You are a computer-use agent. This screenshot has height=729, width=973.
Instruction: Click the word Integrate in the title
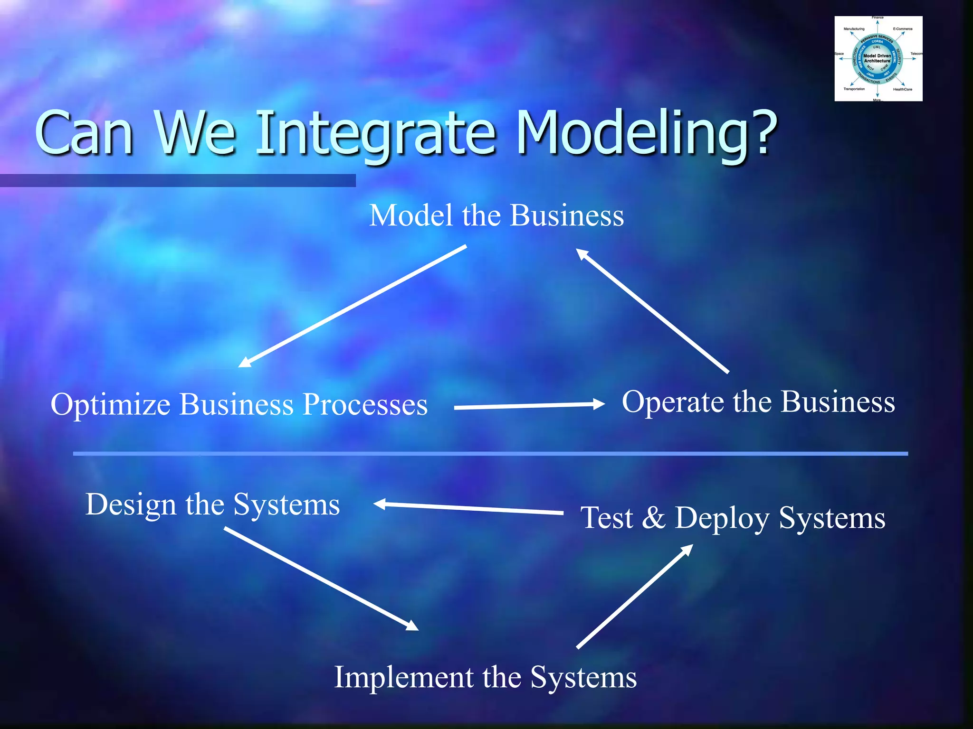click(x=375, y=134)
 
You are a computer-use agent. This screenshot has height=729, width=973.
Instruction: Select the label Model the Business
click(x=496, y=215)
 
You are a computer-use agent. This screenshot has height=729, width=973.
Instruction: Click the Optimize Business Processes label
click(x=239, y=404)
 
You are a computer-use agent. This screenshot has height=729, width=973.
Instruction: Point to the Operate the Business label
click(x=758, y=402)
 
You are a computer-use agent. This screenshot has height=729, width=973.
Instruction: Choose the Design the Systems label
click(x=212, y=504)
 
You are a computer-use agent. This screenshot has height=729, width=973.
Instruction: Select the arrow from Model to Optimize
click(x=352, y=307)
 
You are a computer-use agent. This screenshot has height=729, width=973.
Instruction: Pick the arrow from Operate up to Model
click(x=652, y=311)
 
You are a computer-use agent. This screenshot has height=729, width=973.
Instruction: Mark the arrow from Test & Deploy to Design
click(x=468, y=508)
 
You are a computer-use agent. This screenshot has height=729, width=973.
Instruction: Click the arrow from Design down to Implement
click(x=321, y=579)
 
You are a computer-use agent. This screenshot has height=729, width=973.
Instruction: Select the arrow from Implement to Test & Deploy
click(x=635, y=596)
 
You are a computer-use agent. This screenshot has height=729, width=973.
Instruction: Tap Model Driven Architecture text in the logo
click(x=877, y=58)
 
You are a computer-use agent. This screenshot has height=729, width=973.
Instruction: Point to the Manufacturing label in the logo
click(x=854, y=29)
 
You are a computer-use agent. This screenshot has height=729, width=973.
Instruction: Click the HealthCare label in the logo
click(x=902, y=89)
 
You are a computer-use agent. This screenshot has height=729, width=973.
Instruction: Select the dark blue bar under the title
click(x=178, y=180)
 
